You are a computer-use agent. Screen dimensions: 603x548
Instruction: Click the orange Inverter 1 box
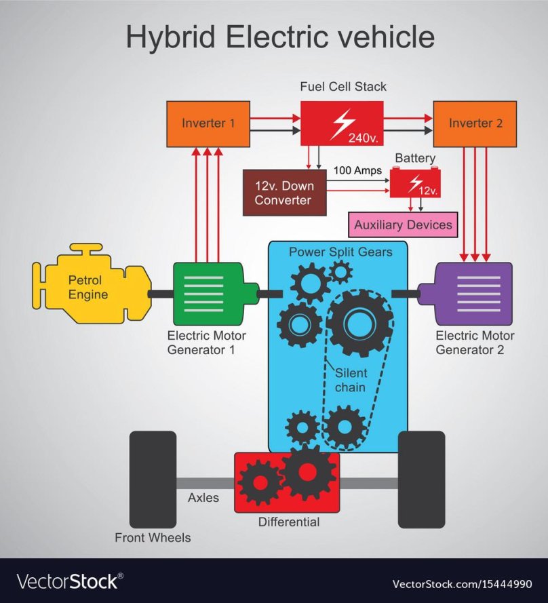(x=208, y=123)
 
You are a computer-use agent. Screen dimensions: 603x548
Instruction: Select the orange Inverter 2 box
(x=475, y=123)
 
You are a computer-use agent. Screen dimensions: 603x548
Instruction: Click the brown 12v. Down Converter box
(x=284, y=193)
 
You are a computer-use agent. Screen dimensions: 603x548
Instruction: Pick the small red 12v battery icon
(x=414, y=183)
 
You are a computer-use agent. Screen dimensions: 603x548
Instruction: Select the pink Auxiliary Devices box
(x=403, y=225)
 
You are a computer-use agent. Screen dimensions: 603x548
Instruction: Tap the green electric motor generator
(x=208, y=293)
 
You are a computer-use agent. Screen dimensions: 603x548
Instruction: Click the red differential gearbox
(x=287, y=482)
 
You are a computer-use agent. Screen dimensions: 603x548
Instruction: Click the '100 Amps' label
(x=357, y=170)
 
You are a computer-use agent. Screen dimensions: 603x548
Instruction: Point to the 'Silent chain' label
(x=351, y=381)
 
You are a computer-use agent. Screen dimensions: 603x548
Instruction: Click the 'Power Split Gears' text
(x=340, y=252)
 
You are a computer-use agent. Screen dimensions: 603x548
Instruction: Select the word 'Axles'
(x=203, y=498)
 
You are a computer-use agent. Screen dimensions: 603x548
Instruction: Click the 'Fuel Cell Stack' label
(x=343, y=87)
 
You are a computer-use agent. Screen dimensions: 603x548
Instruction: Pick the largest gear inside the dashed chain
(x=360, y=323)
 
